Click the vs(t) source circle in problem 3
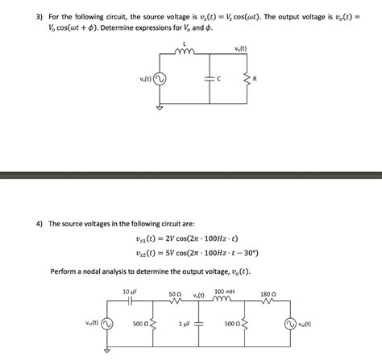(160, 79)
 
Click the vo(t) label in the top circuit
(240, 46)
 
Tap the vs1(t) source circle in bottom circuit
(106, 324)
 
